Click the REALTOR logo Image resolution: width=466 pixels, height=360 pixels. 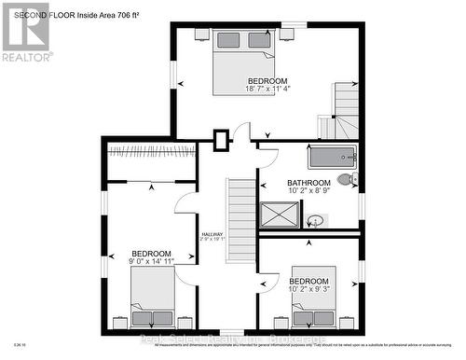24,32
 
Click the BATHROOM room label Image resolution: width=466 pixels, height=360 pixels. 308,183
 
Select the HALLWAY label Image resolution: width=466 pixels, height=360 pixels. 212,234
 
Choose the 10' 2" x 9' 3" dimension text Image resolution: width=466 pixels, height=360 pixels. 308,290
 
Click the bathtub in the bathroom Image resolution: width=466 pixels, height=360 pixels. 330,158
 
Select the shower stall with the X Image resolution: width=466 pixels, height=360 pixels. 279,215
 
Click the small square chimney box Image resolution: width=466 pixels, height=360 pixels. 221,141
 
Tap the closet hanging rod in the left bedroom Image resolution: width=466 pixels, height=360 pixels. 151,149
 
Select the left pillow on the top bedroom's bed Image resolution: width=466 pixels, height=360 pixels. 227,40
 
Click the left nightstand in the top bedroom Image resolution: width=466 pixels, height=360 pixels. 202,35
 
